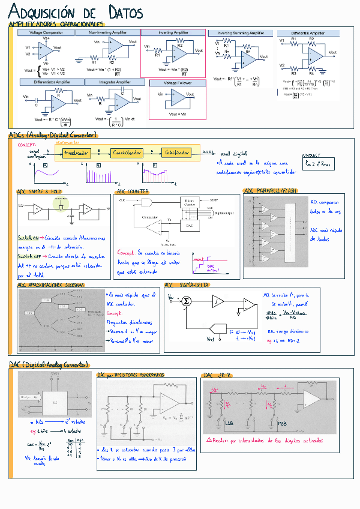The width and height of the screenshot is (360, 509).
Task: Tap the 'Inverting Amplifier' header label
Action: pos(173,32)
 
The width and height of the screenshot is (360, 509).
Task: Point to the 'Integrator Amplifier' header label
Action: pos(115,82)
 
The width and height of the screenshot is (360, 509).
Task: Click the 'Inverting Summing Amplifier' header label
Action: pos(240,33)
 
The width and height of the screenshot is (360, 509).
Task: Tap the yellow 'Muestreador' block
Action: pos(76,153)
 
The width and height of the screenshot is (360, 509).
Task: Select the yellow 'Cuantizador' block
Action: pos(127,153)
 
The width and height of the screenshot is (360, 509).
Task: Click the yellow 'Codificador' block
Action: pos(177,153)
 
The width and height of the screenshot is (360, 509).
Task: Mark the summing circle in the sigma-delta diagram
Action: pos(186,301)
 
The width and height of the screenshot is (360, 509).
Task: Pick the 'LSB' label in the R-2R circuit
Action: pos(229,423)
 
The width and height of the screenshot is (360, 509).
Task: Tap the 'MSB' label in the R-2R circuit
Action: pos(281,423)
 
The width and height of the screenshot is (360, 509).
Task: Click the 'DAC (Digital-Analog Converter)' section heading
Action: pos(49,364)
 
